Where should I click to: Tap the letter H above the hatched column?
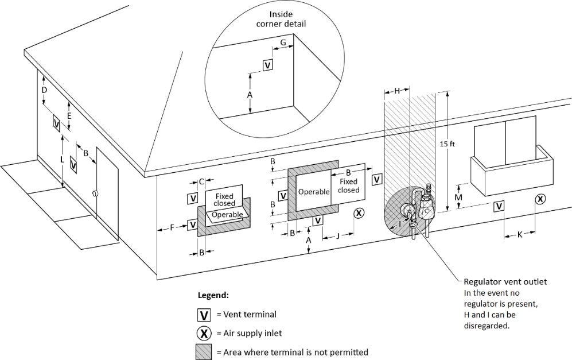(x=396, y=90)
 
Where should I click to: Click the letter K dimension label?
(x=520, y=234)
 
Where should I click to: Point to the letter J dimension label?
(x=338, y=234)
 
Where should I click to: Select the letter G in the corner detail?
(x=283, y=43)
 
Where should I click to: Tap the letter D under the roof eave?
(x=44, y=91)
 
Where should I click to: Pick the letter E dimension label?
(x=69, y=116)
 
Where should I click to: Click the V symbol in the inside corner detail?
(x=267, y=65)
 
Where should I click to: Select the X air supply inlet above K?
(x=540, y=199)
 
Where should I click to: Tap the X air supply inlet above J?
(x=359, y=213)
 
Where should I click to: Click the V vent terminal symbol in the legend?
(x=203, y=315)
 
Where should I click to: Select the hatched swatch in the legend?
(x=203, y=352)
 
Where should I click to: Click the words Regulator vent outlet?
(x=505, y=282)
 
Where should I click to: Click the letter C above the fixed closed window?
(x=202, y=182)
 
